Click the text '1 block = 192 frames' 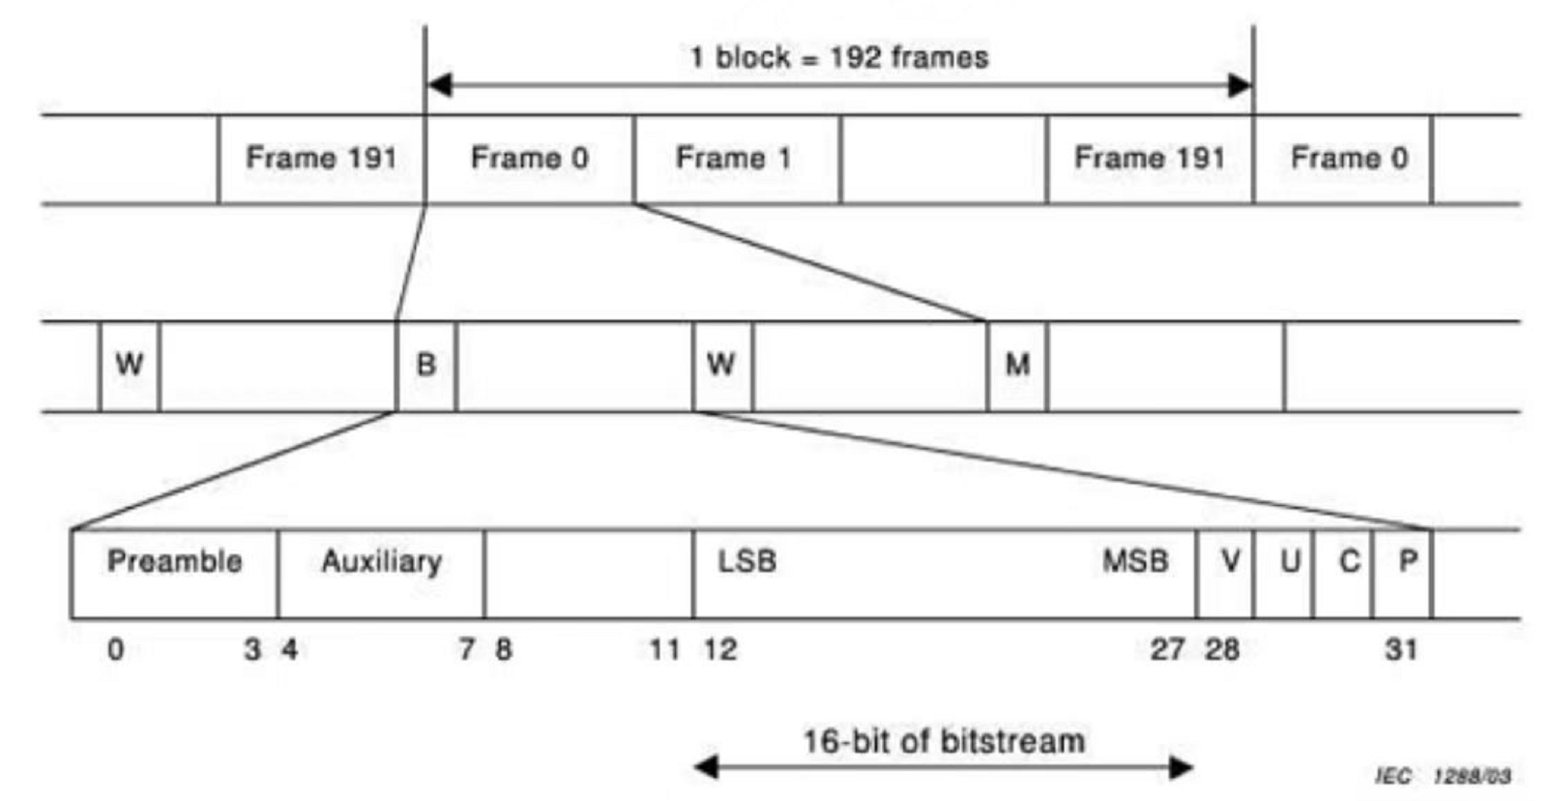point(838,57)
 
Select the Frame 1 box point(736,159)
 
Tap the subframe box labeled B point(425,366)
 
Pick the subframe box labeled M point(1017,366)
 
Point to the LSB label point(746,561)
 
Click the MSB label point(1135,561)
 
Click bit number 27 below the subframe point(1167,649)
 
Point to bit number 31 point(1401,649)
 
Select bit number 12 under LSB point(720,649)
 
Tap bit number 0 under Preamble point(115,649)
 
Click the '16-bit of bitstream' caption point(944,742)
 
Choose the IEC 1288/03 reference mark point(1443,776)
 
